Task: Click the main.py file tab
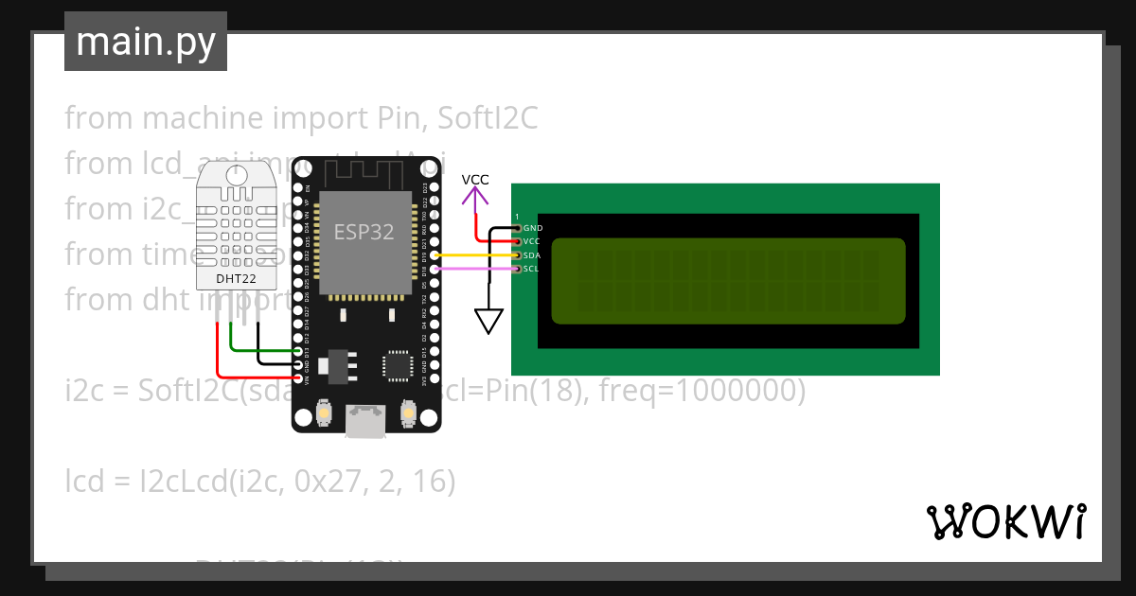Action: pos(146,42)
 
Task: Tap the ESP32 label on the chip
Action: pos(364,233)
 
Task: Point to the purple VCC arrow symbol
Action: pos(475,197)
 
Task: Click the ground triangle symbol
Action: pos(488,322)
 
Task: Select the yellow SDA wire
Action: pos(473,255)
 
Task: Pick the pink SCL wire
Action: pos(473,269)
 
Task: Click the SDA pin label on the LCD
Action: pos(531,255)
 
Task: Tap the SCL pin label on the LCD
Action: pos(531,269)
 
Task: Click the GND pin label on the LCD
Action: pos(532,228)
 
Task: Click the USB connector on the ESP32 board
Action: pos(364,422)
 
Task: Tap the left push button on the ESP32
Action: pos(323,414)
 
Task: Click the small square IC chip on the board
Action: pos(398,365)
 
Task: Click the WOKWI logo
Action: pos(1005,522)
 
